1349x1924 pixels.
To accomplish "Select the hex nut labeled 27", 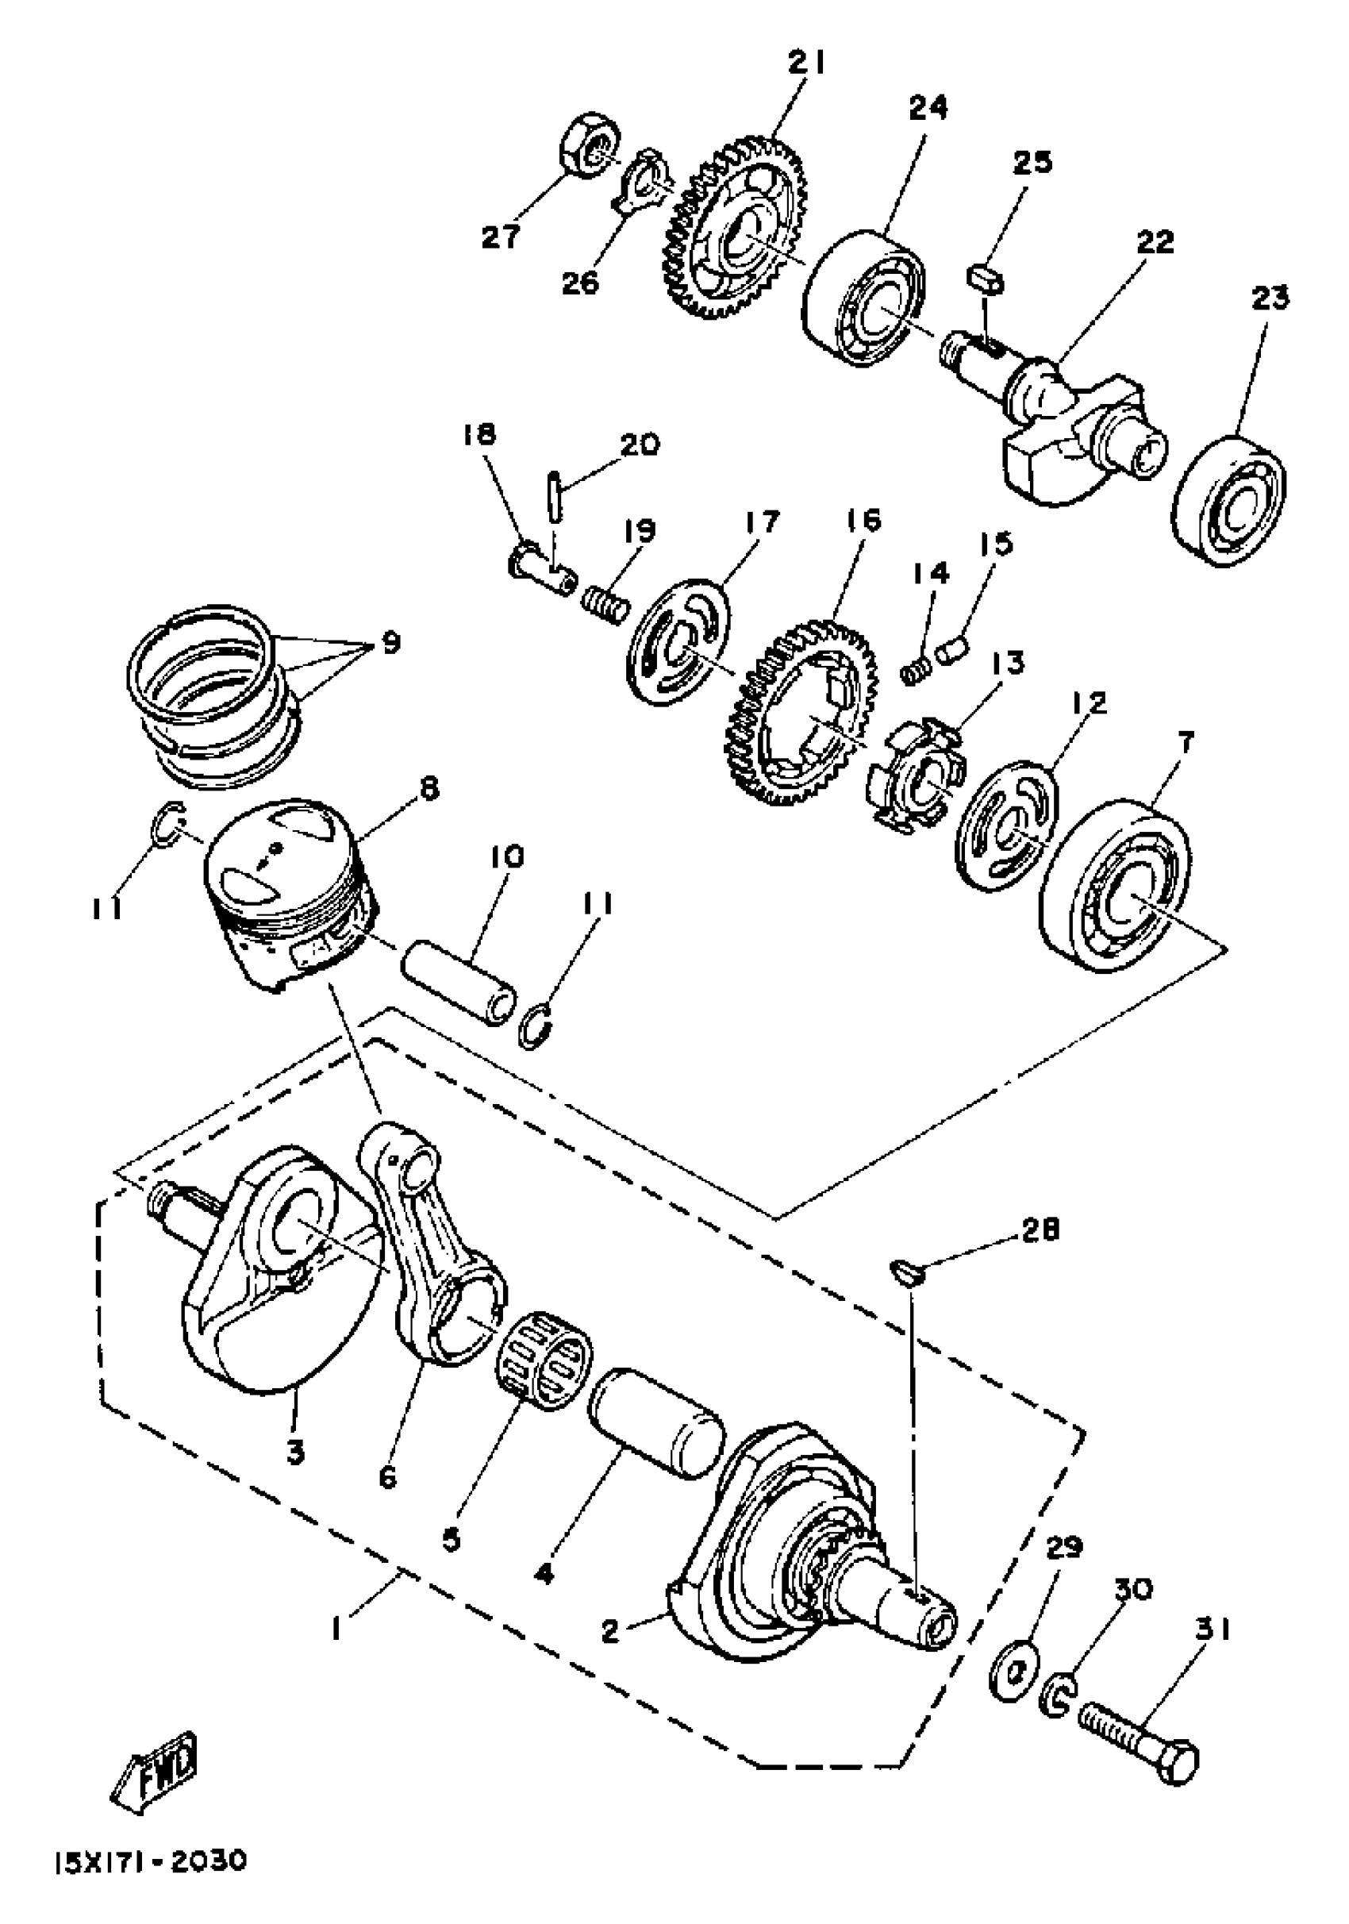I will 589,146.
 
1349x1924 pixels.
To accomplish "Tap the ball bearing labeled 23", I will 1229,500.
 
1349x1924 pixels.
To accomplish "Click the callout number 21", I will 806,63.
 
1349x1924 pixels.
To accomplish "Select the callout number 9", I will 390,643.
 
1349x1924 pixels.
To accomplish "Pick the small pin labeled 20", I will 557,497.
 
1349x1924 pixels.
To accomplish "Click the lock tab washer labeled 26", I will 643,180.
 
